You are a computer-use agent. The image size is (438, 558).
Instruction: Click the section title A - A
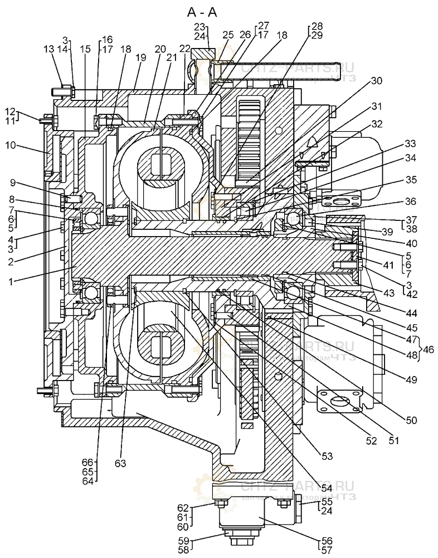pyautogui.click(x=205, y=11)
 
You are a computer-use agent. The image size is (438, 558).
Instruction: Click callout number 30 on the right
pyautogui.click(x=377, y=80)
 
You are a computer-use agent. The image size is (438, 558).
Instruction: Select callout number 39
pyautogui.click(x=383, y=230)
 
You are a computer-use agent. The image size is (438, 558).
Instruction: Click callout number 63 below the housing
pyautogui.click(x=120, y=463)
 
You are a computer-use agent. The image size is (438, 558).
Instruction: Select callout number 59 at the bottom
pyautogui.click(x=183, y=540)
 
